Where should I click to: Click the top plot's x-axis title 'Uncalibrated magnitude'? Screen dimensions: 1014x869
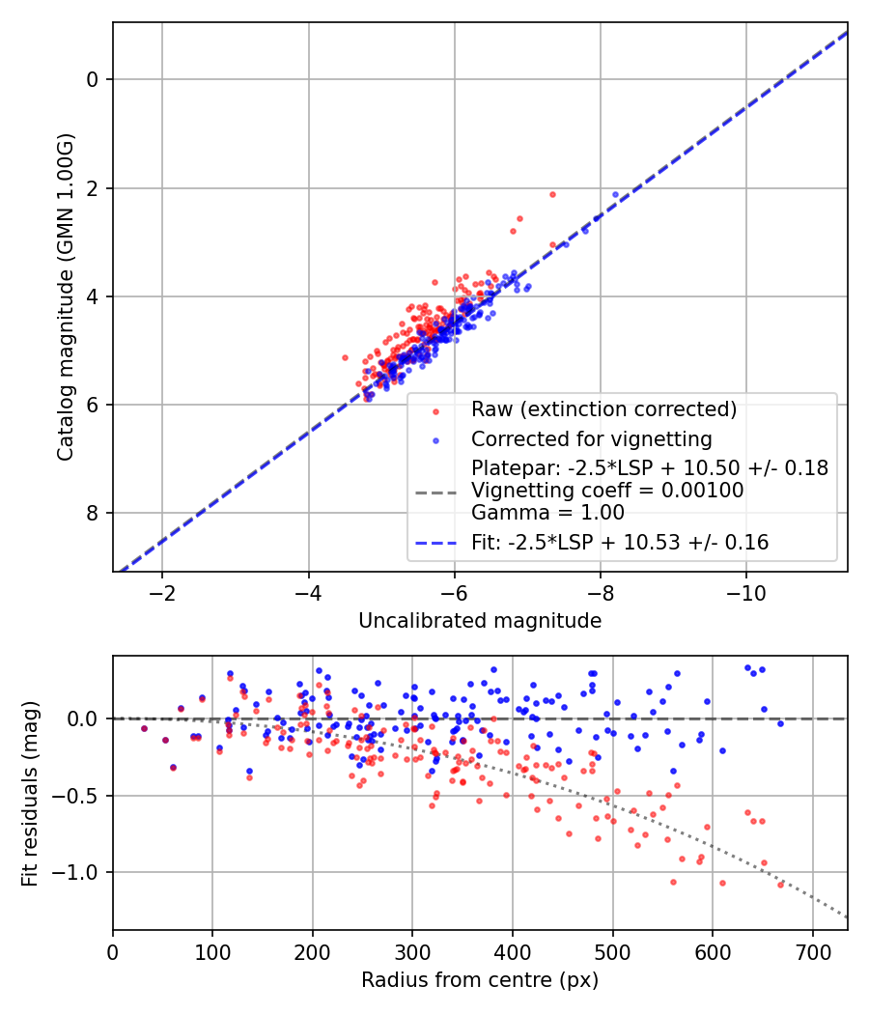point(480,621)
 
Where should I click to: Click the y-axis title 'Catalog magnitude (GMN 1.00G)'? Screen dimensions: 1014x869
point(65,297)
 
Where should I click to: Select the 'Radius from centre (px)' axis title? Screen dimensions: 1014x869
point(480,980)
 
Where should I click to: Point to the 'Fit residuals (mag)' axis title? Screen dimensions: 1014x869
point(30,793)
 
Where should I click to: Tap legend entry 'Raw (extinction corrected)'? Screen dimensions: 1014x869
point(603,409)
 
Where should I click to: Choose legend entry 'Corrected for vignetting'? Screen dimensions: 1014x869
point(591,439)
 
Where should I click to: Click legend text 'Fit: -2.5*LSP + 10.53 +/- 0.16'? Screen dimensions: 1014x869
point(620,543)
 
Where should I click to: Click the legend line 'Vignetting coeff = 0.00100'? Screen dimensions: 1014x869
point(607,491)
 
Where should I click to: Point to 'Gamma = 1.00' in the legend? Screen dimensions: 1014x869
point(547,513)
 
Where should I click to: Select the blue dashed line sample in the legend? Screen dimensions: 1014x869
point(436,543)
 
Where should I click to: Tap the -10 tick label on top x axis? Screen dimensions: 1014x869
point(746,591)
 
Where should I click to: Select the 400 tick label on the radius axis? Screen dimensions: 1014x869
point(513,950)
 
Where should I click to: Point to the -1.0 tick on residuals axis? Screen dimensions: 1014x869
point(84,872)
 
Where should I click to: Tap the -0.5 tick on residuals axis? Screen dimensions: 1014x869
point(84,796)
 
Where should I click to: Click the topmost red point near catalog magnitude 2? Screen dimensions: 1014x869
point(552,194)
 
